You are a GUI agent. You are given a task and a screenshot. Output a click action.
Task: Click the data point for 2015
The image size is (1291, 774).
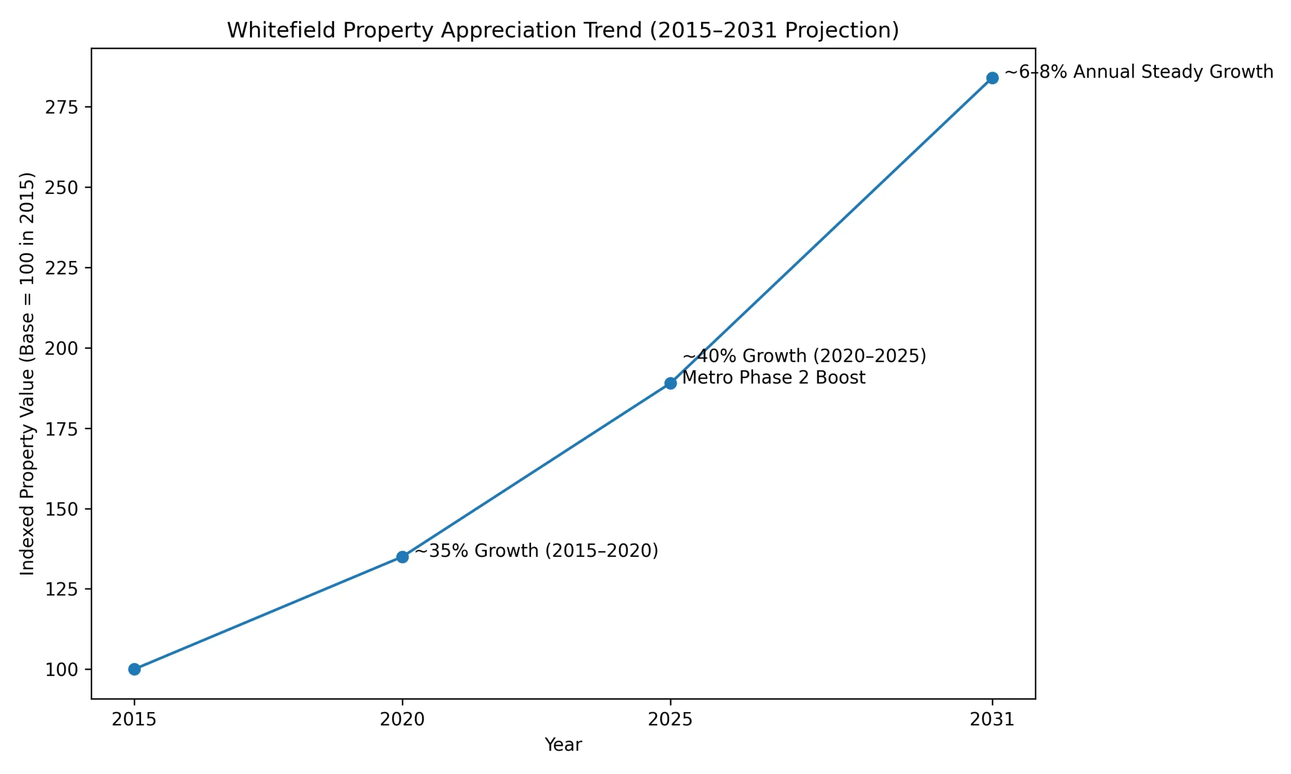coord(134,669)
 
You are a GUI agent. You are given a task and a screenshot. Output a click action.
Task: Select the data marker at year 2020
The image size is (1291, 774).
coord(402,557)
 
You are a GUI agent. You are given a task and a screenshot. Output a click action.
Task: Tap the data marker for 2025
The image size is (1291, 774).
coord(671,383)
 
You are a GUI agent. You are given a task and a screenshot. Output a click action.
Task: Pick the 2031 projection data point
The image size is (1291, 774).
coord(992,78)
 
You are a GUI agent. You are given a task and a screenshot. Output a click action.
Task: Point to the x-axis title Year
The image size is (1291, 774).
coord(563,745)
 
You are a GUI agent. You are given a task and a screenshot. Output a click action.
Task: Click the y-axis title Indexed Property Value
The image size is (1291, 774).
coord(27,373)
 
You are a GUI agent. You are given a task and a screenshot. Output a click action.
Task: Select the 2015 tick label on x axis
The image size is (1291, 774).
coord(134,720)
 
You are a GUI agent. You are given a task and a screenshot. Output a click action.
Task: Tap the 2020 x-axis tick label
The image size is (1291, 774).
coord(402,720)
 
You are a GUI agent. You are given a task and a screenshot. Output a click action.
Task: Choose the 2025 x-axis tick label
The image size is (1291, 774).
coord(671,720)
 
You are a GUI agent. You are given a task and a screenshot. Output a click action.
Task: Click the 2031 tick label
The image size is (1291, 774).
coord(992,720)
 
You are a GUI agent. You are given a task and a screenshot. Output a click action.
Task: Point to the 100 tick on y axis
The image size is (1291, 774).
coord(61,670)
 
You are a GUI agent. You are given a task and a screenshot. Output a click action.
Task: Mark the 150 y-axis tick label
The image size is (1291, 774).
coord(61,509)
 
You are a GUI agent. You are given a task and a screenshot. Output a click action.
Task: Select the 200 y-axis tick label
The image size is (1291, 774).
coord(61,348)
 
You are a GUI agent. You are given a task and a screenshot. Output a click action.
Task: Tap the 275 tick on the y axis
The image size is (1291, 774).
coord(61,107)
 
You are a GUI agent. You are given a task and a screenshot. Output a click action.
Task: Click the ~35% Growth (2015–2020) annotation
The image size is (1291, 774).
coord(537,551)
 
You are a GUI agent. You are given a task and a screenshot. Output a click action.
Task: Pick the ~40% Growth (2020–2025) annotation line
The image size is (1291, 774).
coord(804,356)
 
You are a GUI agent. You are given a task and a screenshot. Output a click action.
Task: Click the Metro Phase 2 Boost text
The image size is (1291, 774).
coord(774,377)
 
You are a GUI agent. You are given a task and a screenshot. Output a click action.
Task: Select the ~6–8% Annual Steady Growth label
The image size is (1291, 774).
coord(1139,72)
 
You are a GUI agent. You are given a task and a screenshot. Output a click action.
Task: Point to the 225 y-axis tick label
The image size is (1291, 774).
coord(61,268)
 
